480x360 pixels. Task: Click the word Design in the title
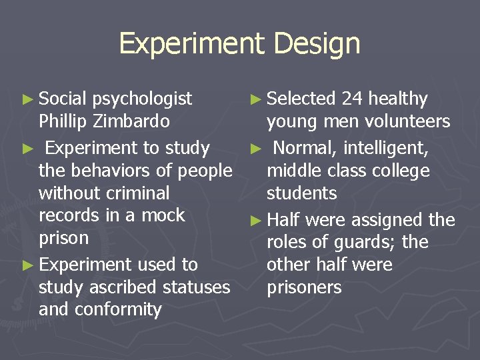(316, 44)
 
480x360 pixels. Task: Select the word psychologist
(142, 99)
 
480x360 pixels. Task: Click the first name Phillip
(64, 121)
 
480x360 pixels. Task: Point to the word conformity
(117, 309)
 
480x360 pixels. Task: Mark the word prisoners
(304, 287)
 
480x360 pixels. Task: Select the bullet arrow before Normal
(255, 149)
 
